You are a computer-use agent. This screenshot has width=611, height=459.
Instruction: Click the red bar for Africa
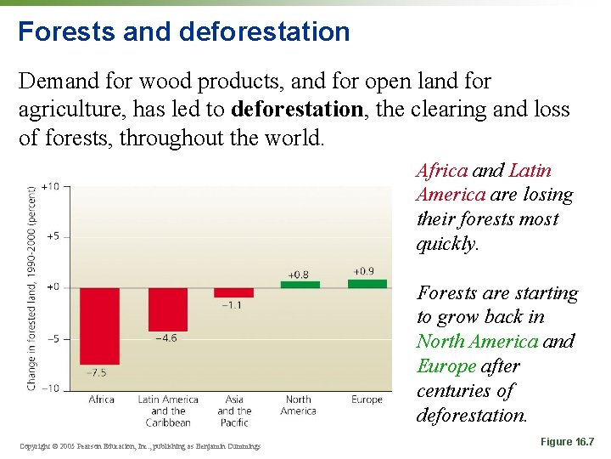[x=100, y=326]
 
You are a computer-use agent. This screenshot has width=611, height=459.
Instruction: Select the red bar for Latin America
[x=167, y=309]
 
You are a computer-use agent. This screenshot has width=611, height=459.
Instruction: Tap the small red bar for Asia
[x=233, y=292]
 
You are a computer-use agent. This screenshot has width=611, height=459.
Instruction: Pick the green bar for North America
[x=300, y=284]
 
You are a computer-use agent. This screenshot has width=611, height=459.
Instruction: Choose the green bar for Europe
[x=367, y=283]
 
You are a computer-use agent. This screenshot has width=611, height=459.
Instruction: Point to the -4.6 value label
[x=167, y=338]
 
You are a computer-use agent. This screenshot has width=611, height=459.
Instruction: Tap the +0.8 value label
[x=299, y=275]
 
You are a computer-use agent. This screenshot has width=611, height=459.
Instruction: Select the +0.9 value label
[x=363, y=271]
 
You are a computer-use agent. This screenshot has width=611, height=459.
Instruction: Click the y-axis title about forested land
[x=31, y=287]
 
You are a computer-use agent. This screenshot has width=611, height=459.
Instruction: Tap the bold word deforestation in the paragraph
[x=296, y=110]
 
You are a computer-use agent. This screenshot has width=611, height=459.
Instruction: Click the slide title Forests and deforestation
[x=184, y=31]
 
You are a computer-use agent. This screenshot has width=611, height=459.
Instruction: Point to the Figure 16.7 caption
[x=566, y=441]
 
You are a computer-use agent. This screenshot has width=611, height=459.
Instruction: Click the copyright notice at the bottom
[x=140, y=446]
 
